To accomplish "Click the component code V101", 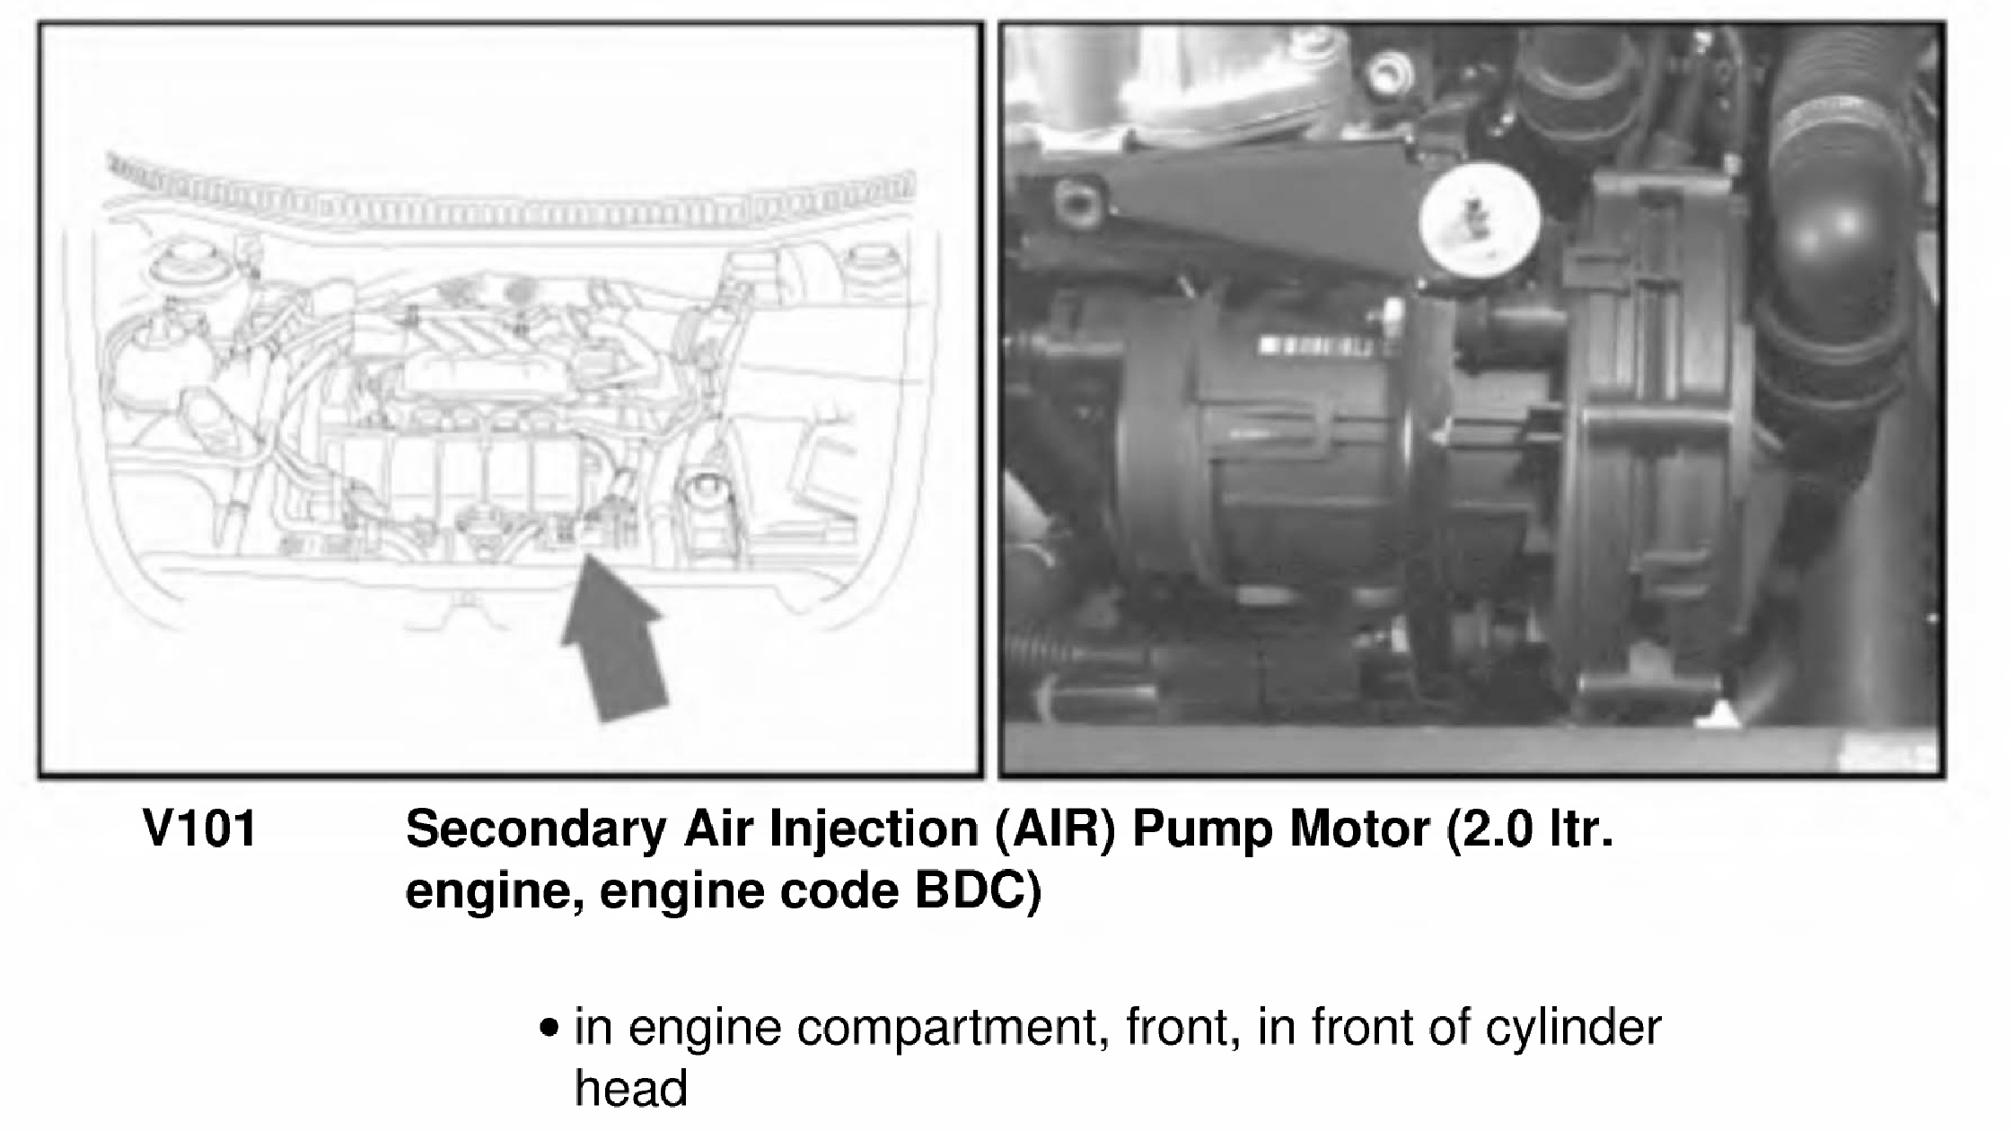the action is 200,829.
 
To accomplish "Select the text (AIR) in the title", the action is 1056,829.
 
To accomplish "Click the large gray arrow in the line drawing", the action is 614,639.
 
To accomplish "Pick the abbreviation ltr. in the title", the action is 1581,829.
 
